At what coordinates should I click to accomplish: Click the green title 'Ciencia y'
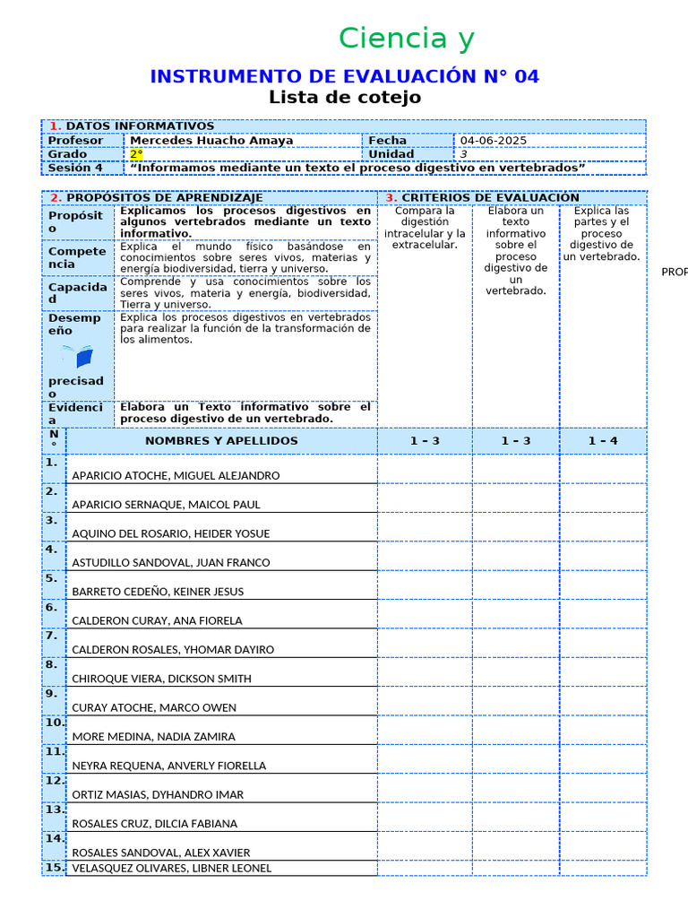pos(407,39)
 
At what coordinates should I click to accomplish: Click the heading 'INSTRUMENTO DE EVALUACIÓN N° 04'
pos(344,76)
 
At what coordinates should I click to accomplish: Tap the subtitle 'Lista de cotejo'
pos(344,98)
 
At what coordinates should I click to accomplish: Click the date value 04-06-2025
pos(494,141)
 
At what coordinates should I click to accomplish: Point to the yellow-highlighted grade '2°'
pos(137,154)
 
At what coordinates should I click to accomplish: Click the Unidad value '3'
pos(463,154)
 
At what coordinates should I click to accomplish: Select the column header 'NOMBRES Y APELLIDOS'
pos(221,441)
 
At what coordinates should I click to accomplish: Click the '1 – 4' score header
pos(602,441)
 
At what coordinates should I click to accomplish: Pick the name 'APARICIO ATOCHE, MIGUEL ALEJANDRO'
pos(176,475)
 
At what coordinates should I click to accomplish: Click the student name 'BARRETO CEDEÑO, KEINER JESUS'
pos(158,592)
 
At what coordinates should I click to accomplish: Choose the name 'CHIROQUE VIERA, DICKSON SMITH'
pos(161,679)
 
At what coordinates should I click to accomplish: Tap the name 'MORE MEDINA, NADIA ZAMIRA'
pos(153,737)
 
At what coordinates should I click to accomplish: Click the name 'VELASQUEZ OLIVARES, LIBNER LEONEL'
pos(171,868)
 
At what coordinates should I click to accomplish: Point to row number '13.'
pos(54,810)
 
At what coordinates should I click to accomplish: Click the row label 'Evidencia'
pos(75,413)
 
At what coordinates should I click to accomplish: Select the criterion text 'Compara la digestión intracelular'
pos(425,228)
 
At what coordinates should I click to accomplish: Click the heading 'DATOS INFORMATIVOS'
pos(140,126)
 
